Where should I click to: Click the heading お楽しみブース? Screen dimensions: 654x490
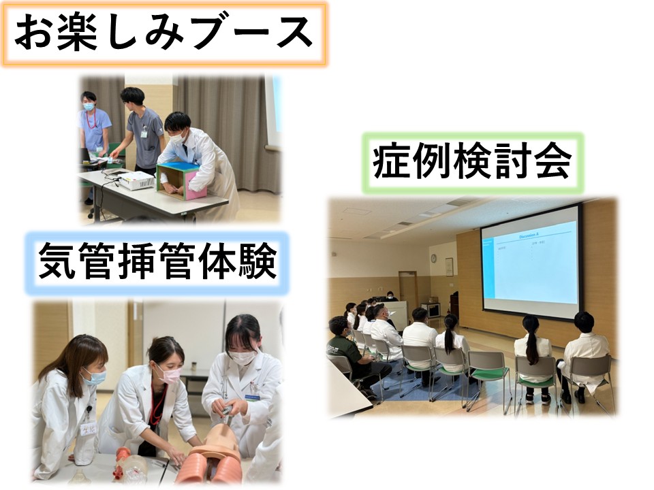point(163,34)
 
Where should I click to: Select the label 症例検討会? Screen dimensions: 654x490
point(471,162)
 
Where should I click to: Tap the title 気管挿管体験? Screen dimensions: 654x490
point(157,261)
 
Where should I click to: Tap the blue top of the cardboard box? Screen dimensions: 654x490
point(176,167)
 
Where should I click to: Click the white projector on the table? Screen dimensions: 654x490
point(136,180)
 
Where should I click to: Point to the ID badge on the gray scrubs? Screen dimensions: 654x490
point(144,134)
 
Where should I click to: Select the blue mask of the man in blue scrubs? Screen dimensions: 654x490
point(89,106)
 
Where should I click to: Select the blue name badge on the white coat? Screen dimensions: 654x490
point(252,397)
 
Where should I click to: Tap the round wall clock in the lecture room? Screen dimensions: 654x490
point(433,258)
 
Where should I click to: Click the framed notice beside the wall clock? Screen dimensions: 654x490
point(449,267)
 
